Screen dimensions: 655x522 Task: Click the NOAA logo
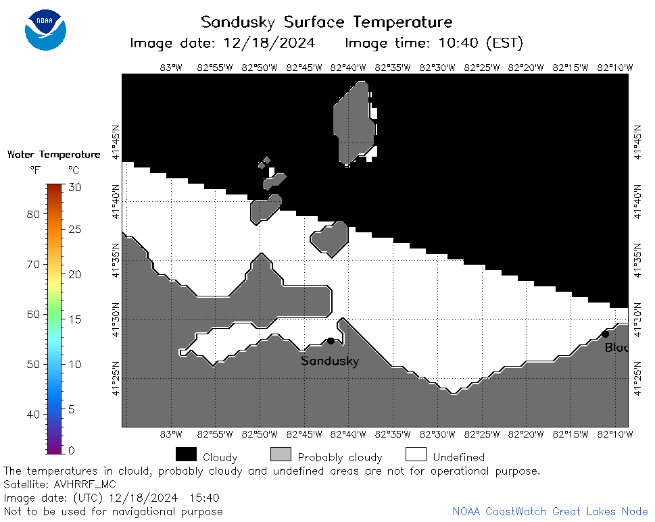tap(45, 30)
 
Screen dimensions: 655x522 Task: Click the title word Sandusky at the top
tap(238, 22)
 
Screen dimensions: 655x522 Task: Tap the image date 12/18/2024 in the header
tap(270, 43)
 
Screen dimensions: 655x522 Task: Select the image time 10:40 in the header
tap(458, 43)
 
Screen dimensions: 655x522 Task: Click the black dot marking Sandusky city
tap(331, 341)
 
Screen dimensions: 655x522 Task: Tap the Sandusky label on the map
tap(330, 361)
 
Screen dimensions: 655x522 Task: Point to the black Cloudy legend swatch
tap(187, 454)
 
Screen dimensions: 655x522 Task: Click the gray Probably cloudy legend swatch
tap(281, 454)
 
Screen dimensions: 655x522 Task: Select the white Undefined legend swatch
tap(416, 454)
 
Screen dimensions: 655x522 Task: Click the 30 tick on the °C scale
tap(75, 187)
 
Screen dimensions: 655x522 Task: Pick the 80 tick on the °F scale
tap(33, 215)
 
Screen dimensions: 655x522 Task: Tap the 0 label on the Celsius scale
tap(72, 450)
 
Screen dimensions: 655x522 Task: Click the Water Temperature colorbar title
tap(54, 155)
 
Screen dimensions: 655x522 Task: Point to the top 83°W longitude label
tap(171, 68)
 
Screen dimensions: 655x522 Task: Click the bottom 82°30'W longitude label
tap(437, 434)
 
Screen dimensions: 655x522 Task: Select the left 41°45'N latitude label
tap(116, 142)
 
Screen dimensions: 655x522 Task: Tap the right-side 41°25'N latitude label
tap(637, 378)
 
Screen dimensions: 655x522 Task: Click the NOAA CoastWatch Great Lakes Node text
tap(550, 512)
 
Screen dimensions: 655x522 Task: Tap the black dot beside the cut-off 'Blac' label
tap(605, 334)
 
